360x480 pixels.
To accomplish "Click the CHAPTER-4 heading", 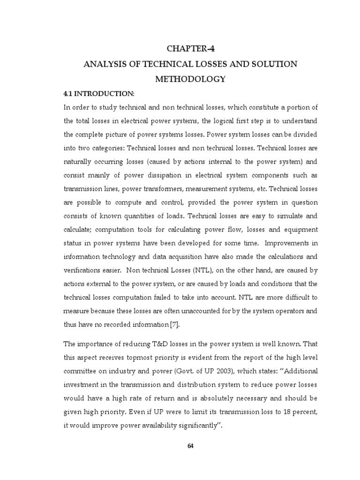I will [190, 48].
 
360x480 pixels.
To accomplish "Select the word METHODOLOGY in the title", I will [190, 79].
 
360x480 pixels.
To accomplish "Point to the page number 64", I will [190, 446].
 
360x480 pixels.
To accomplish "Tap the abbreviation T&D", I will [154, 345].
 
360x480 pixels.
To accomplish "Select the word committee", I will [81, 371].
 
